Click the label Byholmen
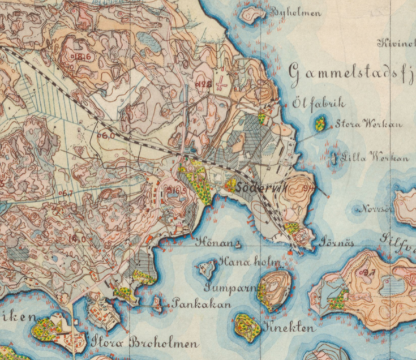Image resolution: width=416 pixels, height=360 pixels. coord(295,12)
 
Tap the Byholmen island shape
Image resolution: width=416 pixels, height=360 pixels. coord(252,14)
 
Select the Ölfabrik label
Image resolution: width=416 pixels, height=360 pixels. coord(319,105)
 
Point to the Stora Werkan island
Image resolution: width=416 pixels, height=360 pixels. coord(320,123)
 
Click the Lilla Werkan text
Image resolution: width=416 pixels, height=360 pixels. coord(371,157)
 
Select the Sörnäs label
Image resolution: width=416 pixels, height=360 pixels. coord(337,243)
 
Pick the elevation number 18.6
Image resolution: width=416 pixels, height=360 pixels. coord(83,57)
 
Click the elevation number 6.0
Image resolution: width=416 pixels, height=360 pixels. coord(107,136)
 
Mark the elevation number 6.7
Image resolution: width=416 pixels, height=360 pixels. coord(66,194)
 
